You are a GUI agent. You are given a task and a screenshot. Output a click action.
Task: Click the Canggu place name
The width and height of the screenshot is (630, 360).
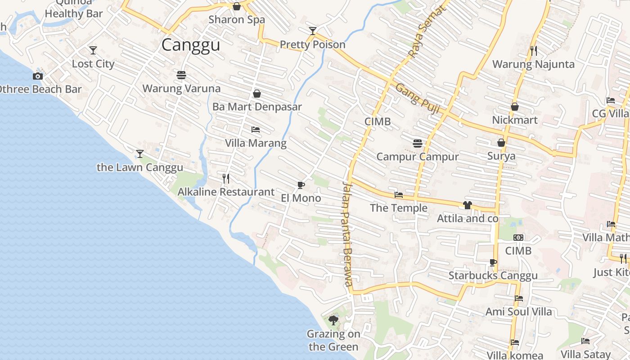point(191,45)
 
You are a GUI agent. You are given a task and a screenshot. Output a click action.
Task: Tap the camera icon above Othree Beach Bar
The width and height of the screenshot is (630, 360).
point(38,76)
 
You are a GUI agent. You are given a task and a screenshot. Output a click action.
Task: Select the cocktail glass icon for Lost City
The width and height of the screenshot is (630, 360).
point(93,50)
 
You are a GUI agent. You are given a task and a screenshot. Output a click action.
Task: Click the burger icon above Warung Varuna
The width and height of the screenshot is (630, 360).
point(181,75)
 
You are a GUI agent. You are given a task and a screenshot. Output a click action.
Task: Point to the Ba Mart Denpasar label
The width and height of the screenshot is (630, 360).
point(257,107)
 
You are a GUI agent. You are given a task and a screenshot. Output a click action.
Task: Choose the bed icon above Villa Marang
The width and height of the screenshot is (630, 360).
point(256,130)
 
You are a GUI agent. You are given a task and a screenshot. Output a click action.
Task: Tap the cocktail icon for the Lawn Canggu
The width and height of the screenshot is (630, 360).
point(140,154)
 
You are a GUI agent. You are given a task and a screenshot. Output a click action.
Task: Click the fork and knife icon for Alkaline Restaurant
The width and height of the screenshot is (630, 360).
point(226,179)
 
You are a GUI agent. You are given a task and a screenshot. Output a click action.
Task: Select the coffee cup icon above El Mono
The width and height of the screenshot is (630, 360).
point(301,185)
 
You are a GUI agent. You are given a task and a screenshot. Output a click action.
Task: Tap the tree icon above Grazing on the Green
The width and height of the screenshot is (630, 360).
point(333,320)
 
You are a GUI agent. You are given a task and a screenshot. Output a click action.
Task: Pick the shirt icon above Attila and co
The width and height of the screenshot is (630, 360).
point(467,205)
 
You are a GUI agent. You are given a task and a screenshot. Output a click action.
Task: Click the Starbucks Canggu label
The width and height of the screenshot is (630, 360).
point(493,276)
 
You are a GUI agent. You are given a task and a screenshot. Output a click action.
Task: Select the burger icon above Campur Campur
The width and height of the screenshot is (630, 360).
point(418,144)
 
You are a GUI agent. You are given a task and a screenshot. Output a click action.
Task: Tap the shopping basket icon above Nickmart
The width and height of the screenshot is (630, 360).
point(515,107)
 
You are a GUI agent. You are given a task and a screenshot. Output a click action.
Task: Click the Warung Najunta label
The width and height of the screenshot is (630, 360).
point(533,64)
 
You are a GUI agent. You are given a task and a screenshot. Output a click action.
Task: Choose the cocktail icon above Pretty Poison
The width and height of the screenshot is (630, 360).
point(313,31)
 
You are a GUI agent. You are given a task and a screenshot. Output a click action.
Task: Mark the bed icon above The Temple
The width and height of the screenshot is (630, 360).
point(399,195)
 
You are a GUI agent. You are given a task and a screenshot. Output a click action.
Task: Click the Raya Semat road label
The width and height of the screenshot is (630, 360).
point(425,32)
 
